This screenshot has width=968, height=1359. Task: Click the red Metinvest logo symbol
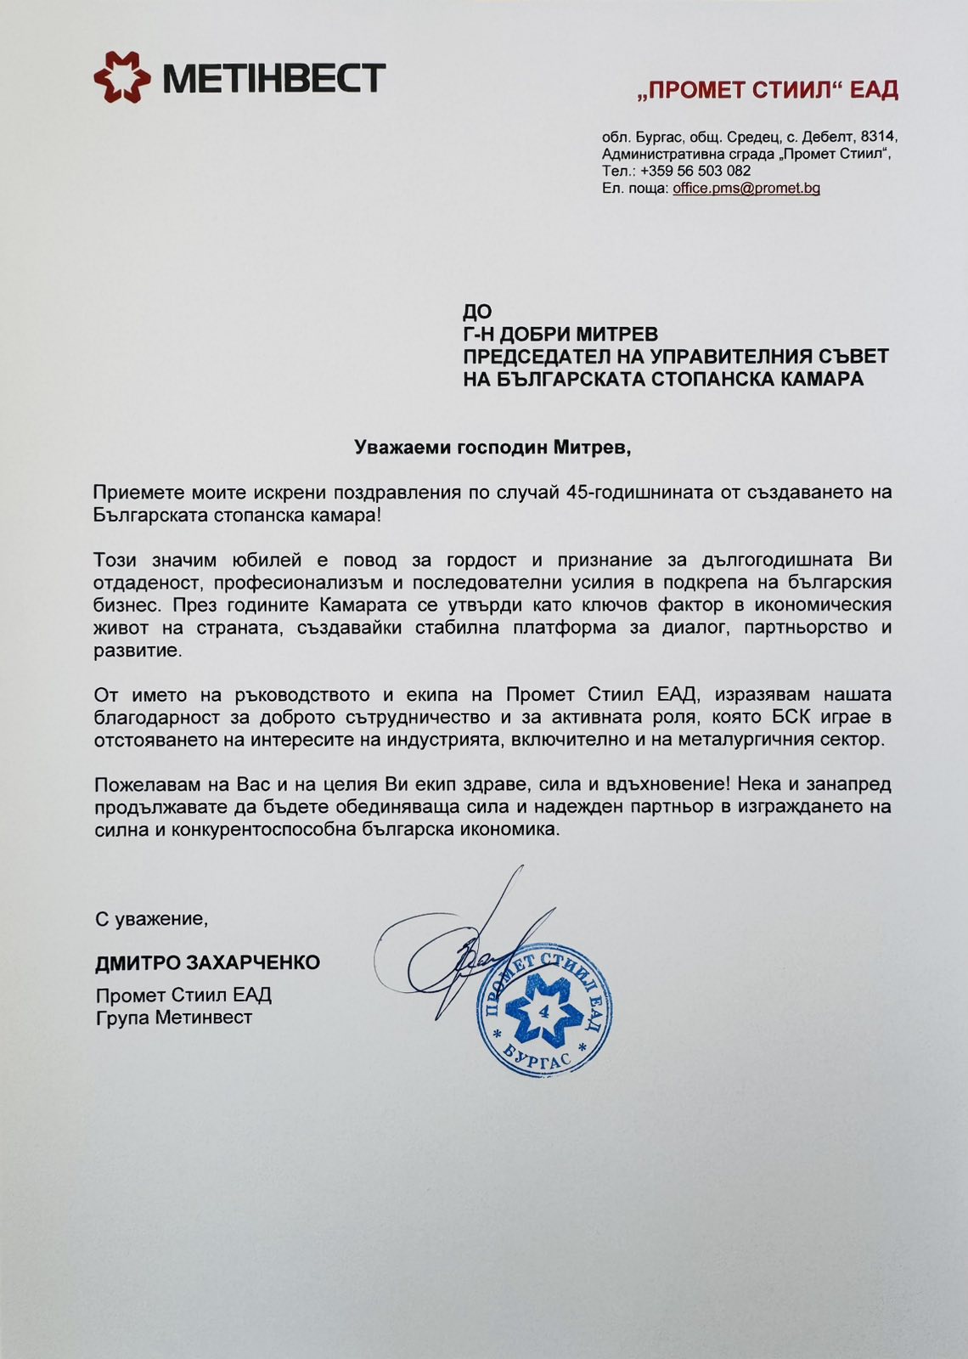coord(122,76)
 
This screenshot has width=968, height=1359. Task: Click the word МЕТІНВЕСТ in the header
coord(273,78)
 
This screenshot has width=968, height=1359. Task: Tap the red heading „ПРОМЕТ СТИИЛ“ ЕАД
coord(767,90)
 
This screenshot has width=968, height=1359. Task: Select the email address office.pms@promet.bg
coord(746,189)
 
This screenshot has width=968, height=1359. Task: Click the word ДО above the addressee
coord(477,312)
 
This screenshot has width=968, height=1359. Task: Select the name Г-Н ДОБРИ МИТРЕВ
coord(560,334)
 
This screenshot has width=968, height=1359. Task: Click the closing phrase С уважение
coord(151,918)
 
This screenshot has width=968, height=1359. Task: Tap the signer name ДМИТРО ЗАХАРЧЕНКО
coord(207,962)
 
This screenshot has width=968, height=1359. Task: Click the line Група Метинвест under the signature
coord(173,1017)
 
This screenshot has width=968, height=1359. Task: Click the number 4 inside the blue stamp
coord(543,1012)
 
